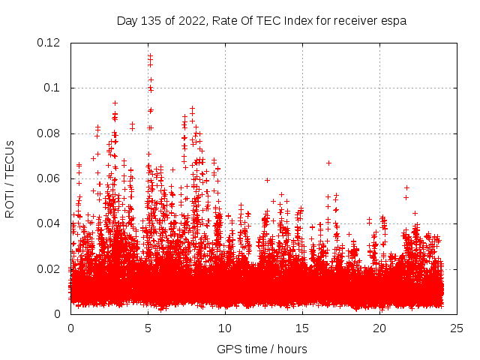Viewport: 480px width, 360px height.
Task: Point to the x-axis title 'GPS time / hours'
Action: click(262, 349)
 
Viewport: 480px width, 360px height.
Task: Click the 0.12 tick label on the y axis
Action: click(50, 43)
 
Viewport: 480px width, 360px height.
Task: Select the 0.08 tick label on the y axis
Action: click(50, 133)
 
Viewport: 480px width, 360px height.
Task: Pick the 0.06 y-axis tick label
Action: click(50, 178)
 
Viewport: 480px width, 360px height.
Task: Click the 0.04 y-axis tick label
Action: click(50, 223)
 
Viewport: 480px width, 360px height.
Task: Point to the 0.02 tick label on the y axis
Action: click(50, 268)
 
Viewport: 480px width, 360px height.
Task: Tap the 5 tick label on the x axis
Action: click(148, 328)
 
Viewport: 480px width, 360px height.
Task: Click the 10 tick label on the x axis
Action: click(225, 328)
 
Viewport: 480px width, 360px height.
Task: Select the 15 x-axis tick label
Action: click(302, 328)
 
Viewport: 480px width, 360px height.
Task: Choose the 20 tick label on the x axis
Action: click(379, 328)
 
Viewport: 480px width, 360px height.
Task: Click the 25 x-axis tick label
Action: click(457, 328)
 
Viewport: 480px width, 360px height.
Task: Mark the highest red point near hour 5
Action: click(150, 55)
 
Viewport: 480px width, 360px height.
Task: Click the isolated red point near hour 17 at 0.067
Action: click(328, 163)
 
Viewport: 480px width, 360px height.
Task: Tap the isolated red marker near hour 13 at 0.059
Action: click(267, 180)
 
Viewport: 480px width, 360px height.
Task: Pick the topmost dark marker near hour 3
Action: click(115, 103)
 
